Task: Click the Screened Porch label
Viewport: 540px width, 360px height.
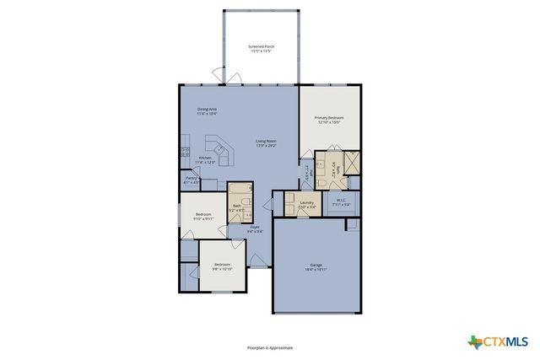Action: (x=262, y=49)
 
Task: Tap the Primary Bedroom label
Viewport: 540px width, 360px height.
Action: (x=327, y=120)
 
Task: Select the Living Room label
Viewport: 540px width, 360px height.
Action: (x=267, y=143)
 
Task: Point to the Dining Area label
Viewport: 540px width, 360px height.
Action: (x=208, y=111)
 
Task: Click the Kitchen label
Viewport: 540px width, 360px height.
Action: (x=205, y=159)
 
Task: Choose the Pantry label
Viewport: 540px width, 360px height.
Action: (x=191, y=180)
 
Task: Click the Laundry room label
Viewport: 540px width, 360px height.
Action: (x=306, y=204)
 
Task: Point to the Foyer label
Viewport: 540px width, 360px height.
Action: (x=254, y=228)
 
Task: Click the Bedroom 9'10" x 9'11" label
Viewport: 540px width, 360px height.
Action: (x=203, y=217)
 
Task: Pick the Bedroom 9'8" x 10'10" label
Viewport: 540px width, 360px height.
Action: (x=221, y=267)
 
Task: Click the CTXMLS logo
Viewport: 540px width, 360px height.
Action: (x=498, y=341)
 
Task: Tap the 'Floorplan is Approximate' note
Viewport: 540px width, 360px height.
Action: (x=269, y=347)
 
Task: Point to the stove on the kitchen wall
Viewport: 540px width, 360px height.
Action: (x=183, y=153)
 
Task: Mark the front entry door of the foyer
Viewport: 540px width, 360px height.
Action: (x=257, y=262)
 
